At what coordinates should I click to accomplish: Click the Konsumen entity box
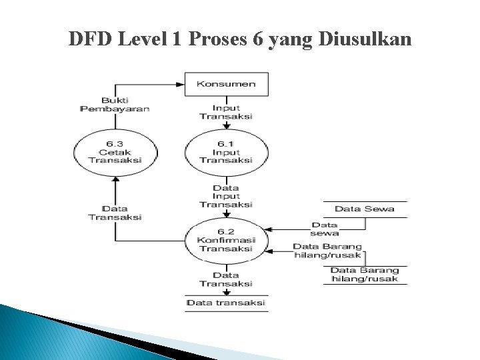tap(226, 85)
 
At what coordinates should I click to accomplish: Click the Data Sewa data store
tap(364, 209)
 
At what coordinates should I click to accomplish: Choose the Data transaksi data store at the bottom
tap(226, 303)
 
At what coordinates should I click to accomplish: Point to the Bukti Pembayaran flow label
tap(115, 104)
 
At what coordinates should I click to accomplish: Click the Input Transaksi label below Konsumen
tap(226, 111)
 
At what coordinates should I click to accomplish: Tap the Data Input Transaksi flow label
tap(226, 196)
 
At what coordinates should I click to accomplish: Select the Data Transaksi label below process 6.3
tap(115, 213)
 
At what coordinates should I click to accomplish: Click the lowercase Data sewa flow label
tap(325, 229)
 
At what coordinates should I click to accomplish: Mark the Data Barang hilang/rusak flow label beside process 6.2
tap(327, 251)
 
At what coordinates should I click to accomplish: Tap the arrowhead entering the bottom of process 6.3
tap(115, 179)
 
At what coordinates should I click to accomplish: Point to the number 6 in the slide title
tap(257, 40)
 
